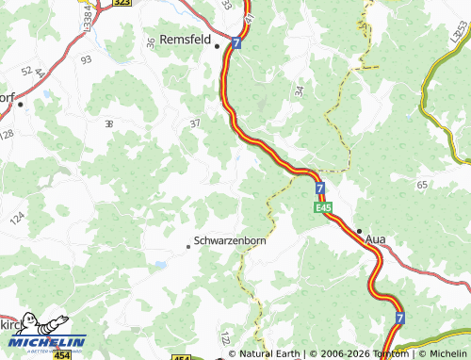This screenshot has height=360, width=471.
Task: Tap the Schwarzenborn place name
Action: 230,240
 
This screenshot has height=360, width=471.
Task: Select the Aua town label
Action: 375,239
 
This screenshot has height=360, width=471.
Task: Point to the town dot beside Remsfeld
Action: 217,44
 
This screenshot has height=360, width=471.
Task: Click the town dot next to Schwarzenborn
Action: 188,247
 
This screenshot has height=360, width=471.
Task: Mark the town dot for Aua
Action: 359,230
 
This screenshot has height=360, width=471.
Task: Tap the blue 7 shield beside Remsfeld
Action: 235,43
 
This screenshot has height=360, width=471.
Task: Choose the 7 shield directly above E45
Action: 320,188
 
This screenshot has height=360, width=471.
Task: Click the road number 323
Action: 122,4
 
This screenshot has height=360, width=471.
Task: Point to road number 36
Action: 152,43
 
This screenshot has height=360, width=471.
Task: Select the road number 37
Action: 195,123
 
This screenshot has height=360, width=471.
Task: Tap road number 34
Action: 299,91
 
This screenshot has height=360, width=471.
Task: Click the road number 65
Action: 421,185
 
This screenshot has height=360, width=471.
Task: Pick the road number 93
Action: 87,59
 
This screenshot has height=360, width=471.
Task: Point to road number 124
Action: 17,219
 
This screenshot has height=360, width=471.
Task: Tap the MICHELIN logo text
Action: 50,341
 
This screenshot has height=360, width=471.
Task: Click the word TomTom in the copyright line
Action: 386,354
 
